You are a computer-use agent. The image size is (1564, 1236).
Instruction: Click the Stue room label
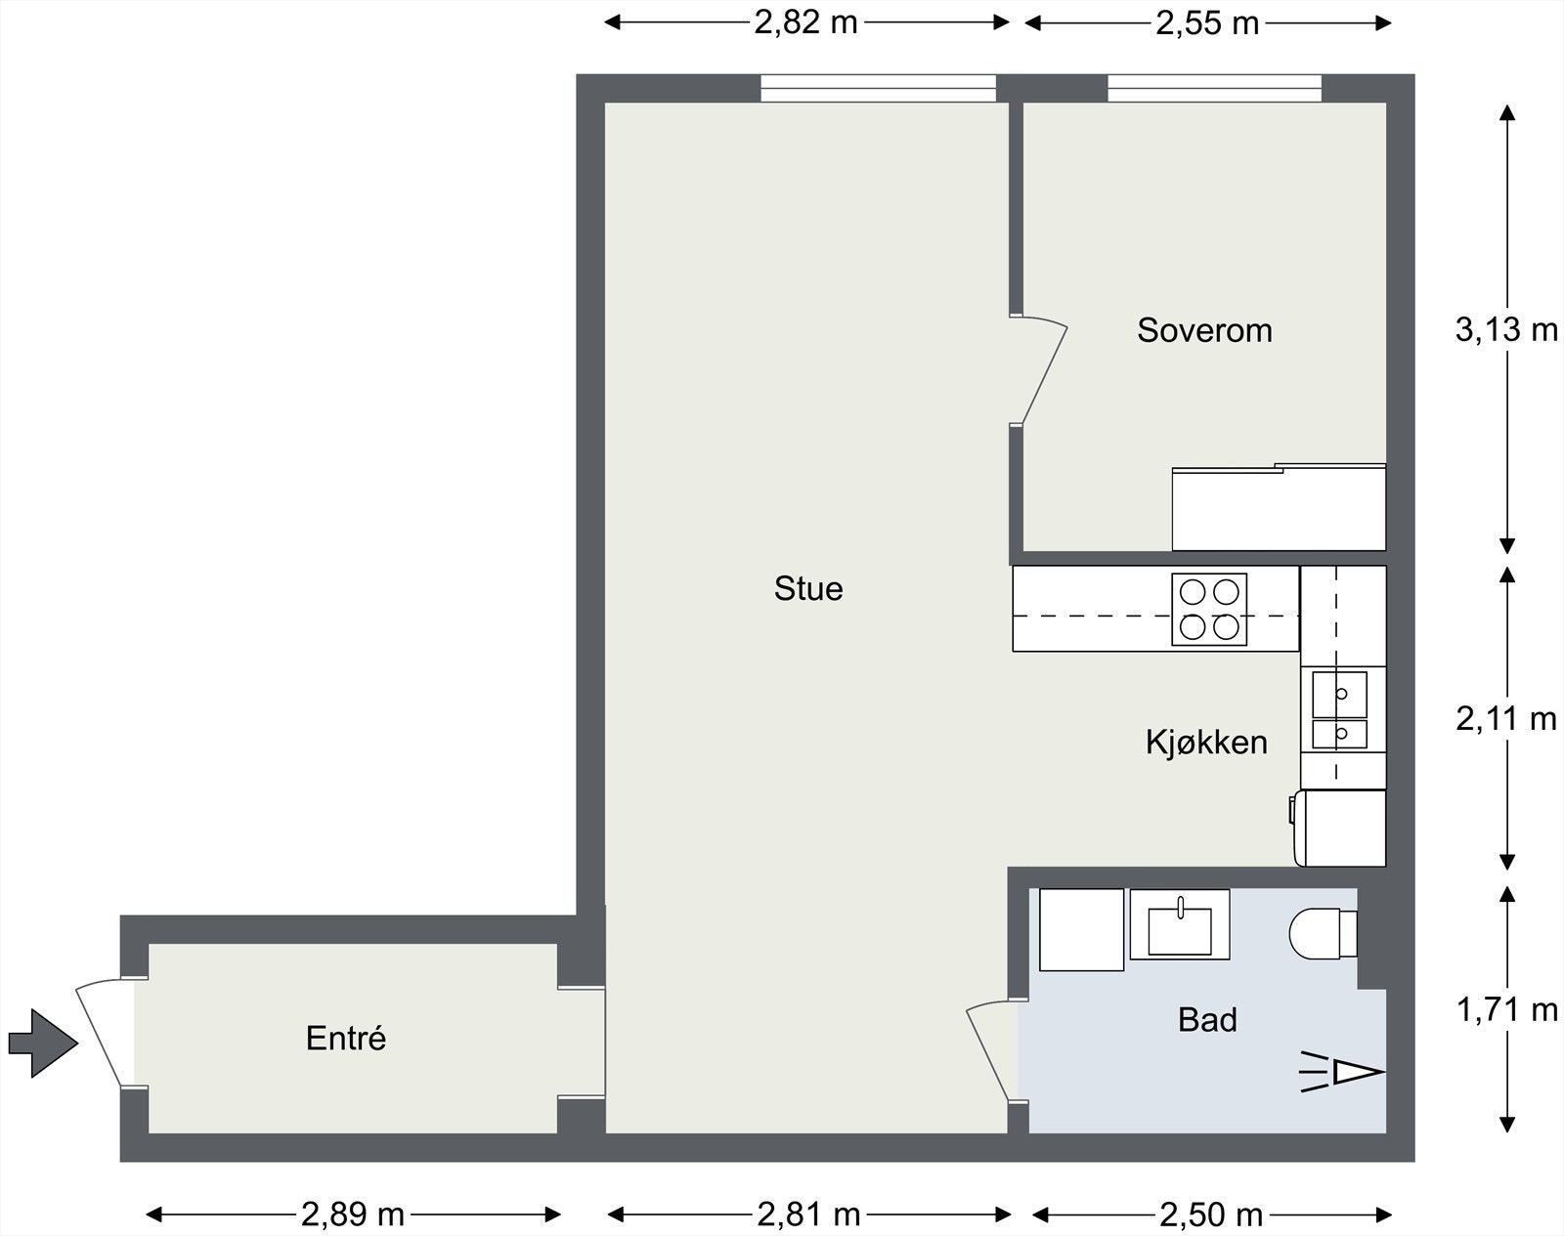point(808,588)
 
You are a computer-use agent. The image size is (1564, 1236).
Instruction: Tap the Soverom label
point(1204,330)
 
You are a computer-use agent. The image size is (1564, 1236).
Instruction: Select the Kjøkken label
point(1206,743)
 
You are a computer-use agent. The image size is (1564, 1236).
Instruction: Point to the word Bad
point(1207,1020)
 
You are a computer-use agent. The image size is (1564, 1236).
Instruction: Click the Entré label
point(346,1038)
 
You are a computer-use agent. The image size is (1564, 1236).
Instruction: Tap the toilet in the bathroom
point(1323,934)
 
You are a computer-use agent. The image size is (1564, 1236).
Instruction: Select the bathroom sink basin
point(1180,928)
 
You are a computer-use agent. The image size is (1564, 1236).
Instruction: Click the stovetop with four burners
point(1209,610)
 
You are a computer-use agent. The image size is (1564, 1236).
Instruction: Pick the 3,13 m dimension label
point(1506,330)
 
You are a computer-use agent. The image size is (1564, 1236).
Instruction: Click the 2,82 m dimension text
point(805,21)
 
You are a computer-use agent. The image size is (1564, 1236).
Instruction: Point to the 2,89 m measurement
point(353,1215)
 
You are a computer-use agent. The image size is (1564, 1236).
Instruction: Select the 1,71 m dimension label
point(1506,1009)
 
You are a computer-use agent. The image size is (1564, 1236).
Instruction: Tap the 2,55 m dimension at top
point(1207,21)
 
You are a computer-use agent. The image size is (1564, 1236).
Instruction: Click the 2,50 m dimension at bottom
point(1211,1215)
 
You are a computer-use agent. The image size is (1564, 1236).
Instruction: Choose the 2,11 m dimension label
point(1506,719)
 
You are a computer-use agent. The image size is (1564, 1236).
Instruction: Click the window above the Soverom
point(1214,89)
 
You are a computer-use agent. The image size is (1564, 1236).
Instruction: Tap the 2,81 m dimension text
point(808,1215)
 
